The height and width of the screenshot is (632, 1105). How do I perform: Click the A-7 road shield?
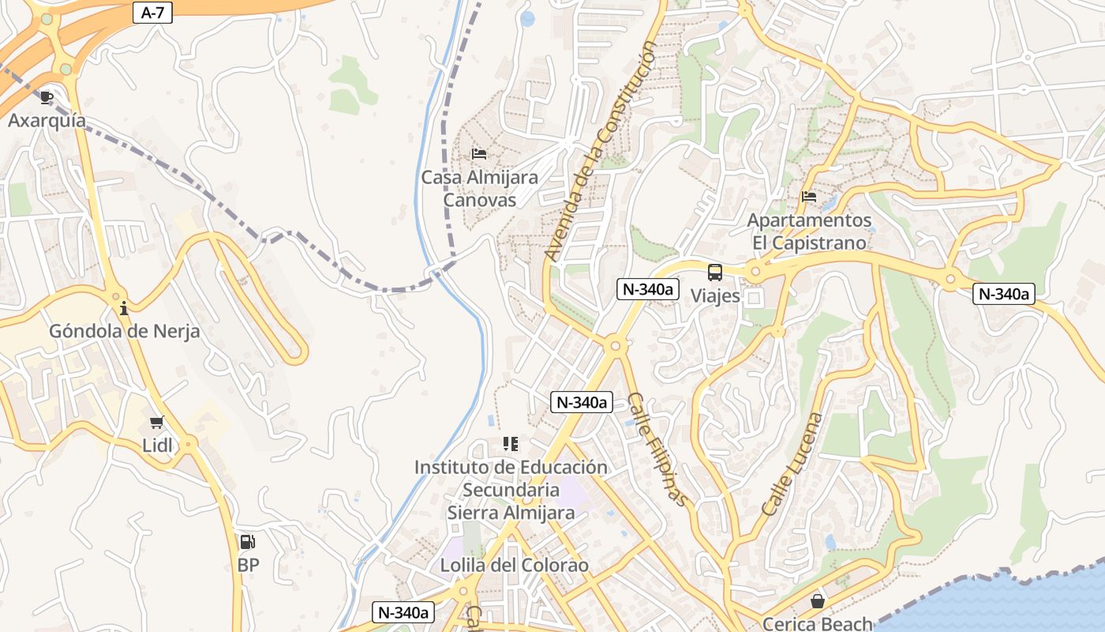(152, 13)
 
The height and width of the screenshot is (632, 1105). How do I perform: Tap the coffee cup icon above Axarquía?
(47, 97)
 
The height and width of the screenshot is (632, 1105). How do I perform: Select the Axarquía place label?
(47, 121)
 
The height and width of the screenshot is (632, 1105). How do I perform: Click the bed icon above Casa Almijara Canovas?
(479, 153)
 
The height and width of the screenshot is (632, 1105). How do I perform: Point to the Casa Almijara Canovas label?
(479, 189)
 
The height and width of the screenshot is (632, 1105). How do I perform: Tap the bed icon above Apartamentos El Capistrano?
(809, 197)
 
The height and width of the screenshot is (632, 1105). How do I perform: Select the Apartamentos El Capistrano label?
(809, 231)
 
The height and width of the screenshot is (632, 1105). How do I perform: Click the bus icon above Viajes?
(715, 273)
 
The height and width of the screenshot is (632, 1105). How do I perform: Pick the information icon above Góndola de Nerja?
(123, 307)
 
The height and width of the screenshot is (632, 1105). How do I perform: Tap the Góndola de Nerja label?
(124, 331)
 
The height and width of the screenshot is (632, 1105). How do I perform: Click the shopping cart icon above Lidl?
(157, 422)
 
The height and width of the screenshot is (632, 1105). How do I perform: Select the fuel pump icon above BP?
(248, 542)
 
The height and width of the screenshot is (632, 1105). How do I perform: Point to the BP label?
(248, 566)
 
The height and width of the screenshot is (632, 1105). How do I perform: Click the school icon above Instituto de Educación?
(511, 444)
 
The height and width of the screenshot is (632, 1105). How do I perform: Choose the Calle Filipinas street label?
(657, 448)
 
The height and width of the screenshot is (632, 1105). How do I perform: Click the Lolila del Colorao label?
(515, 566)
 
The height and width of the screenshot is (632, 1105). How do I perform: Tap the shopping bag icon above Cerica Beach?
(818, 601)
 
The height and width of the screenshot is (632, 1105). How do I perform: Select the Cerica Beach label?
(818, 623)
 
